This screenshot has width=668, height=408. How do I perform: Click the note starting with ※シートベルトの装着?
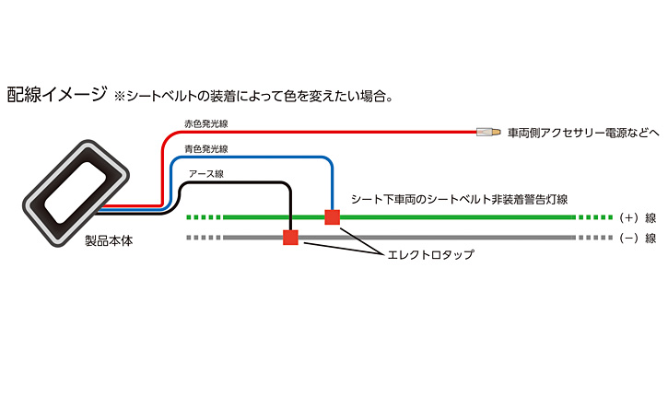pyautogui.click(x=253, y=96)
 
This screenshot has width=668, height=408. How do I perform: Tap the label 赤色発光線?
pyautogui.click(x=205, y=122)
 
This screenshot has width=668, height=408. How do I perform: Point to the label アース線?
pyautogui.click(x=205, y=173)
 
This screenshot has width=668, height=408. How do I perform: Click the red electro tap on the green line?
pyautogui.click(x=333, y=217)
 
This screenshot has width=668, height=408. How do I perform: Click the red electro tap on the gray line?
pyautogui.click(x=290, y=238)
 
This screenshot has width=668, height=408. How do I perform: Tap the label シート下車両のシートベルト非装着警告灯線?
pyautogui.click(x=458, y=200)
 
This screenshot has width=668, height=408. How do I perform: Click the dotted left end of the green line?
pyautogui.click(x=204, y=218)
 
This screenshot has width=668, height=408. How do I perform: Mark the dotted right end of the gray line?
pyautogui.click(x=594, y=238)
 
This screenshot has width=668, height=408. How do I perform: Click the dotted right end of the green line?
pyautogui.click(x=594, y=218)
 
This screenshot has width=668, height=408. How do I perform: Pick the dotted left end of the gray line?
pyautogui.click(x=204, y=238)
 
